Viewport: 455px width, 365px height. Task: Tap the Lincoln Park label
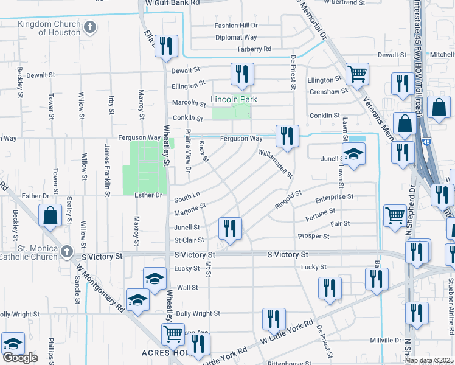tap(234, 99)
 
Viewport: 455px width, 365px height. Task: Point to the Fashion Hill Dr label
tap(236, 26)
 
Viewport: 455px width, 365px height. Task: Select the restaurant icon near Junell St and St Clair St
tap(230, 229)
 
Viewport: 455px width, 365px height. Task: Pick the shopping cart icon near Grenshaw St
tap(356, 74)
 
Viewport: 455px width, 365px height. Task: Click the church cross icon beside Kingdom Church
tap(90, 27)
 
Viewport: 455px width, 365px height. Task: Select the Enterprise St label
tap(334, 198)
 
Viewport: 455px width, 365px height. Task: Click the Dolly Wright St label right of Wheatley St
tap(198, 313)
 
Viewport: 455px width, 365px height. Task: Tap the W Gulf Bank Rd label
tap(173, 3)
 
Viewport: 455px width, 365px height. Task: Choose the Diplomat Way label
tap(236, 37)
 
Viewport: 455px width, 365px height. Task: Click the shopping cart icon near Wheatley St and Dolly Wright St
tap(173, 333)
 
